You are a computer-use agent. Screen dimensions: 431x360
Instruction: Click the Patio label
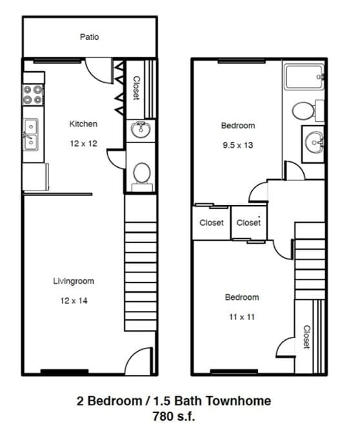tap(90, 37)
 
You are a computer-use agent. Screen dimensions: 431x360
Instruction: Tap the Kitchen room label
tap(83, 124)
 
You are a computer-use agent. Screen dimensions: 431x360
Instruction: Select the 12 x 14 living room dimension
tap(74, 301)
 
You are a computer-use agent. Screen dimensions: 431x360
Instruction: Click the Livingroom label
tap(74, 281)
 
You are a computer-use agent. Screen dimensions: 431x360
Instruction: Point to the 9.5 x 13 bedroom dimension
tap(237, 145)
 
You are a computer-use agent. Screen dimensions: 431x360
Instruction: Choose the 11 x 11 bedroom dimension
tap(242, 317)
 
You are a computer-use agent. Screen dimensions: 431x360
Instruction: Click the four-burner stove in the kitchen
tap(34, 95)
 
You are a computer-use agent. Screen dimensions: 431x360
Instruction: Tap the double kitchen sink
tap(31, 135)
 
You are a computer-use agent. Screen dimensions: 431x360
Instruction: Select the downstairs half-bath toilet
tap(141, 173)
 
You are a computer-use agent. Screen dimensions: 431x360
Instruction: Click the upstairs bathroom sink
tap(314, 139)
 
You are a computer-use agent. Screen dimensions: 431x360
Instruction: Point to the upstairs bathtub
tap(303, 79)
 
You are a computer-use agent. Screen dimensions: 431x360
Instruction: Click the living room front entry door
tap(137, 361)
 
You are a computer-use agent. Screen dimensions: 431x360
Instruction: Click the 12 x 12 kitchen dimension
tap(83, 143)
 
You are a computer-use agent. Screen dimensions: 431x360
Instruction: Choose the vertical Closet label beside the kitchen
tap(136, 88)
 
